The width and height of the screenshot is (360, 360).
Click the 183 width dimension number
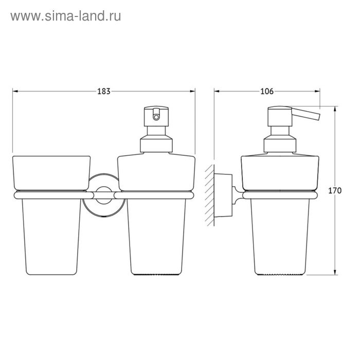tap(104, 92)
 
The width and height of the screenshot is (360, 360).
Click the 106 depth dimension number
tap(267, 92)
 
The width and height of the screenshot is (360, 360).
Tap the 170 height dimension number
tap(335, 191)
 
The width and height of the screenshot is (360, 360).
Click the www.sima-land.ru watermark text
tap(66, 16)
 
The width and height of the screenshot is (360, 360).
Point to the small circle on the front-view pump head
tap(156, 117)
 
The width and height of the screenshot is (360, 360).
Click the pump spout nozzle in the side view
tap(306, 114)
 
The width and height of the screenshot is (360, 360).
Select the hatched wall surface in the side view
tap(210, 195)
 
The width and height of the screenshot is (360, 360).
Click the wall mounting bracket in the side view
tap(223, 195)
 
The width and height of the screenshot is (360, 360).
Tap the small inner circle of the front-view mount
tap(104, 195)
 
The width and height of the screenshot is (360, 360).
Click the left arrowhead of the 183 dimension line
tap(15, 92)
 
